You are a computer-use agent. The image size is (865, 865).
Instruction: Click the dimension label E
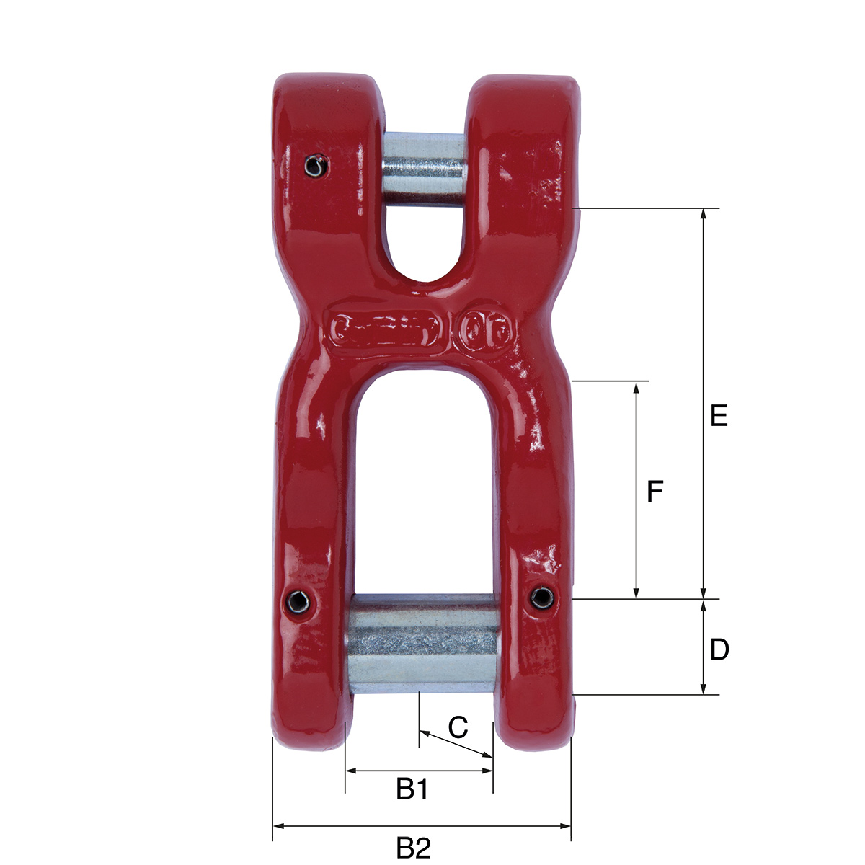[719, 416]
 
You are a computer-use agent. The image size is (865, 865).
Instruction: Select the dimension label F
[655, 492]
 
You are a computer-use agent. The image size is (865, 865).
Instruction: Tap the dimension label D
[719, 649]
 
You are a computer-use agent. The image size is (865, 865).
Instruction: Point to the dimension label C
[458, 727]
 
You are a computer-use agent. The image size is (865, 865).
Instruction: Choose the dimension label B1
[413, 789]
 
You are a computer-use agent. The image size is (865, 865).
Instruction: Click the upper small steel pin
[425, 170]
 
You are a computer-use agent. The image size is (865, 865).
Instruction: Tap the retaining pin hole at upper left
[314, 167]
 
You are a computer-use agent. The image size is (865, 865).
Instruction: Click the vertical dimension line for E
[704, 404]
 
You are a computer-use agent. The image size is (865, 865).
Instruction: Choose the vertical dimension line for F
[636, 490]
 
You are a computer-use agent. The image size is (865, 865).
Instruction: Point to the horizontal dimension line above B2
[422, 826]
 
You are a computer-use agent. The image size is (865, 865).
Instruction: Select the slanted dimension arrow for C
[456, 744]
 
